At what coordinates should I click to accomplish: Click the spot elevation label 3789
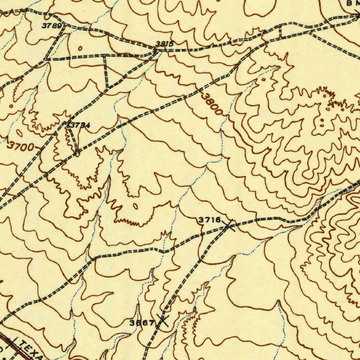click(x=52, y=26)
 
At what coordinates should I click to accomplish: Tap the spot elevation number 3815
click(x=165, y=44)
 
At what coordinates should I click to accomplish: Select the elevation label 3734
click(x=80, y=125)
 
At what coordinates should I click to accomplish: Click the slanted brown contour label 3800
click(x=212, y=103)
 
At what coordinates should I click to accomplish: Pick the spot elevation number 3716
click(x=209, y=220)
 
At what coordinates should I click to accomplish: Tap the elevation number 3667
click(x=142, y=323)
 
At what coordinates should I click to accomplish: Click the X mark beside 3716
click(x=229, y=225)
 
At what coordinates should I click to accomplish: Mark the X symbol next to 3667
click(x=162, y=320)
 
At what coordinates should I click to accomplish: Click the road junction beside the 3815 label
click(x=156, y=51)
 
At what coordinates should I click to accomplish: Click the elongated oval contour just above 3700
click(x=19, y=134)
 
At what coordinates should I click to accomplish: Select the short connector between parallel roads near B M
click(x=280, y=32)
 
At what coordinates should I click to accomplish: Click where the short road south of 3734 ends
click(x=77, y=154)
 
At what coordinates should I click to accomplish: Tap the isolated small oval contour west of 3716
click(x=135, y=206)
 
